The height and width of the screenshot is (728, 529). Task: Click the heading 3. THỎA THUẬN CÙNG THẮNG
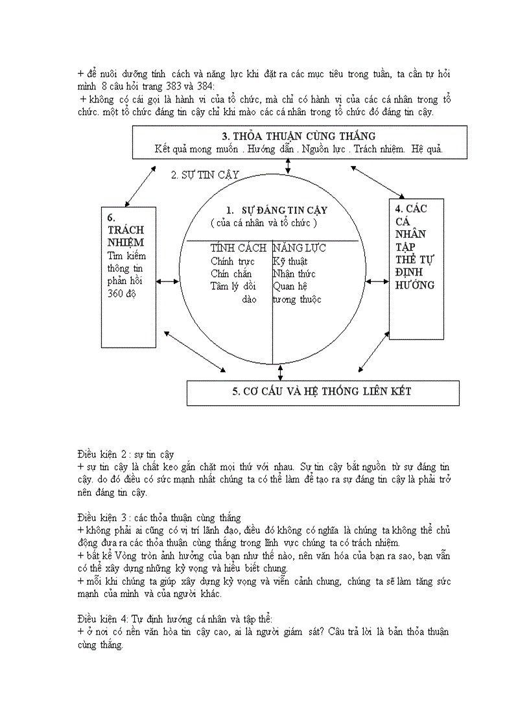(299, 136)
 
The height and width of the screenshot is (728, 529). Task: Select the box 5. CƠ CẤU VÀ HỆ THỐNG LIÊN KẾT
(322, 391)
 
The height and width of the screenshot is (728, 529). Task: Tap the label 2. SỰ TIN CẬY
(206, 175)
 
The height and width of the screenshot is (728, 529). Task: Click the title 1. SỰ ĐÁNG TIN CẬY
(277, 210)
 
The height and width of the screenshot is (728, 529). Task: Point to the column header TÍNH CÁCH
(238, 248)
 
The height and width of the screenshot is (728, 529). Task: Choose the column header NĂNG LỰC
(300, 248)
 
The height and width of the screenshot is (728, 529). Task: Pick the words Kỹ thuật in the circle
(290, 261)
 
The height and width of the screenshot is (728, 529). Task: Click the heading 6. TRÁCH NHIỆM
(126, 231)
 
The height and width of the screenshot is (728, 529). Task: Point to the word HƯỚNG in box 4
(415, 285)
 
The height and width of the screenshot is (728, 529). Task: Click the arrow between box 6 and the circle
(168, 281)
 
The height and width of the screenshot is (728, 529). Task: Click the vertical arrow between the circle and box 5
(280, 372)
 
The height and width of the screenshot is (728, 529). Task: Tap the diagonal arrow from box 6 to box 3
(140, 186)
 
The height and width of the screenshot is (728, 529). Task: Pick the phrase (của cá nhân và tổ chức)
(264, 223)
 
